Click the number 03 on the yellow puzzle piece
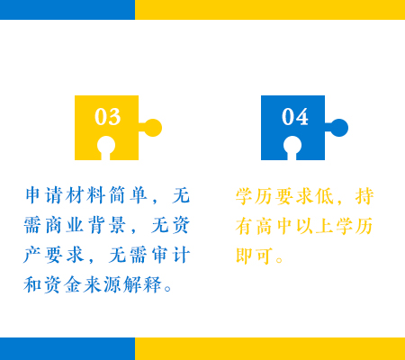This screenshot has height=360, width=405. tap(108, 116)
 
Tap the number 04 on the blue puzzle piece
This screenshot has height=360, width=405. tap(295, 116)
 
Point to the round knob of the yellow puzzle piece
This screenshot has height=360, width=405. tap(153, 128)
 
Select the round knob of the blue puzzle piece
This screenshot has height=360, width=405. tap(339, 128)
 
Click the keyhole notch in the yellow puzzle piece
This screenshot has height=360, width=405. tap(106, 147)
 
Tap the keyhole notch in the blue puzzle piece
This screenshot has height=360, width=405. tap(292, 147)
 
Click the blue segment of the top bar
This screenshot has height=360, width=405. tap(67, 10)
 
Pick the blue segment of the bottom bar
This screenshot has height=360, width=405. tap(67, 348)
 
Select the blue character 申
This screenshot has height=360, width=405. tap(32, 195)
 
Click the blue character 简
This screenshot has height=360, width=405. tap(117, 195)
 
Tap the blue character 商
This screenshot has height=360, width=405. tap(54, 225)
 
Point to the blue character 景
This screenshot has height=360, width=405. tap(117, 225)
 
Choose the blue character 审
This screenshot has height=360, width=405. tap(160, 255)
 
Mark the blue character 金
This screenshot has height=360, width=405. tap(73, 284)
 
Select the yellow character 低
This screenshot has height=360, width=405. tap(325, 196)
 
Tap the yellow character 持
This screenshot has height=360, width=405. tap(364, 196)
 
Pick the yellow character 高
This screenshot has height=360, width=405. tap(265, 226)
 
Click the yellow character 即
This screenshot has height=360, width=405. tap(245, 256)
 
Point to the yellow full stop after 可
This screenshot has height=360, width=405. tap(279, 260)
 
